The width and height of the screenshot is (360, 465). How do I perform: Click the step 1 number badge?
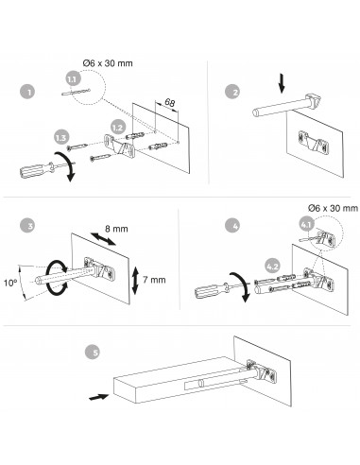(x=27, y=92)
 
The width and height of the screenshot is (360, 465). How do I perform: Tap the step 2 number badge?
(x=232, y=92)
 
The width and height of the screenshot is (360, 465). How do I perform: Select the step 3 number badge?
(x=27, y=226)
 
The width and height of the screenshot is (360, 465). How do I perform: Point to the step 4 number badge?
(x=232, y=226)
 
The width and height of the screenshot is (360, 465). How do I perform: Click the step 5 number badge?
(x=93, y=352)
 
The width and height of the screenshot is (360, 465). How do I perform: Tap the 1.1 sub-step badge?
(x=73, y=78)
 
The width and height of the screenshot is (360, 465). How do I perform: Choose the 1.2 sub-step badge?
(x=118, y=128)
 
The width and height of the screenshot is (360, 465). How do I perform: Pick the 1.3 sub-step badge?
(x=61, y=137)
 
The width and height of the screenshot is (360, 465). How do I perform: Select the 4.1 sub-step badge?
(x=306, y=225)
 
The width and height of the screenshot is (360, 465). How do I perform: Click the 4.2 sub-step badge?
(x=272, y=267)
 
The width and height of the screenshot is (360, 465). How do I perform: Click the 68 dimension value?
(x=170, y=103)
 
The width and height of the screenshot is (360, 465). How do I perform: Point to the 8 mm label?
(x=116, y=229)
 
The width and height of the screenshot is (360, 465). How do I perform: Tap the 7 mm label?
(x=154, y=280)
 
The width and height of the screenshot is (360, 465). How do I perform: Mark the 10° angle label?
(x=10, y=283)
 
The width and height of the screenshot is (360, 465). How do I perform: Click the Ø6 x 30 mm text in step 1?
(x=108, y=63)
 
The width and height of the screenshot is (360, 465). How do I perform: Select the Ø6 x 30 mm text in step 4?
(x=333, y=208)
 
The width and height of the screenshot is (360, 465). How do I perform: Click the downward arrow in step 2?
(x=282, y=84)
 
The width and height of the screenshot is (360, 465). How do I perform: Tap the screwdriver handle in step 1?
(x=32, y=170)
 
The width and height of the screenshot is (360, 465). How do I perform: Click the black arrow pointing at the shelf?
(x=98, y=397)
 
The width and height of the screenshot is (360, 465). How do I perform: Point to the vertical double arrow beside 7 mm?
(x=135, y=280)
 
